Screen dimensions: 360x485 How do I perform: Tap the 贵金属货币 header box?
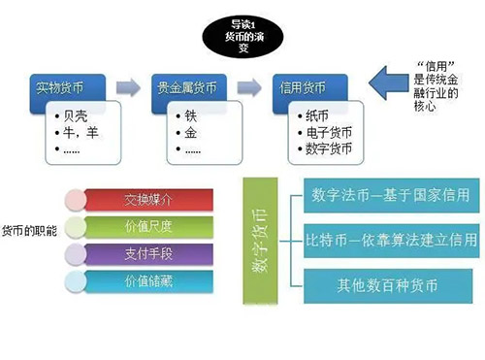click(187, 86)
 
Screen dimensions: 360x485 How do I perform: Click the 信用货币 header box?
click(305, 86)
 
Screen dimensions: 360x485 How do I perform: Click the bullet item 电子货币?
click(320, 134)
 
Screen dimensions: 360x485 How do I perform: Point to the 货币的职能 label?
click(30, 234)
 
